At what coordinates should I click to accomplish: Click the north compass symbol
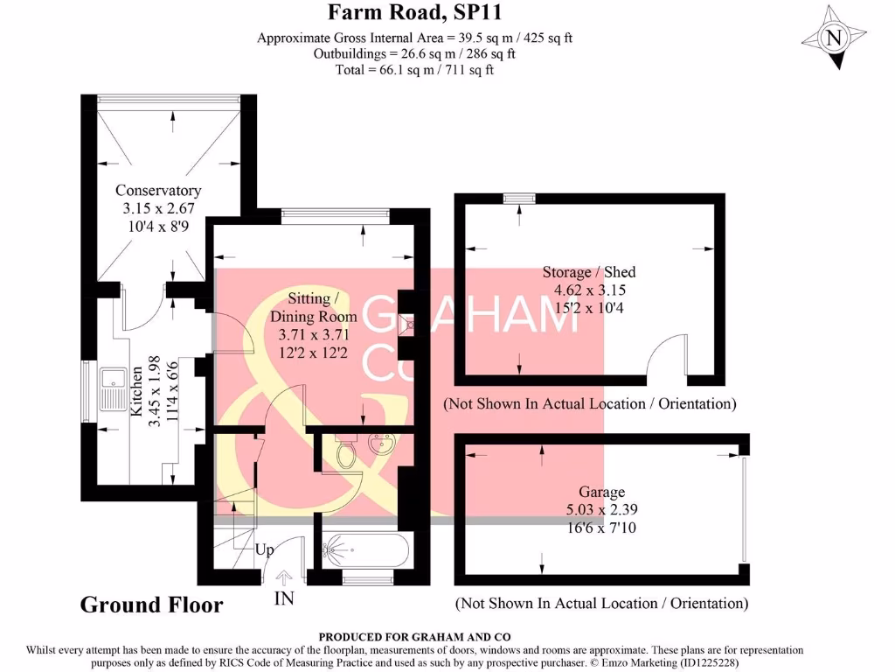point(835,38)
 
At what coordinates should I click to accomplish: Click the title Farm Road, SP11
point(414,12)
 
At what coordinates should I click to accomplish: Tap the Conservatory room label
point(158,191)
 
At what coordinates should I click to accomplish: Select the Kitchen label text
point(136,415)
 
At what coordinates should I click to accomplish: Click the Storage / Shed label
point(589,272)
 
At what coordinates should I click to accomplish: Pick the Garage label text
point(602,493)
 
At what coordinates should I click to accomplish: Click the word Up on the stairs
point(264,550)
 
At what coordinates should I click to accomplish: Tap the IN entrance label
point(284,598)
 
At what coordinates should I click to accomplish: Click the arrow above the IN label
point(284,577)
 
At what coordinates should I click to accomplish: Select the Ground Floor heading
point(151,605)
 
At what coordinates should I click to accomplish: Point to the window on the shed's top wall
point(519,199)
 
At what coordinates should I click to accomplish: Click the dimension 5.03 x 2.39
point(602,509)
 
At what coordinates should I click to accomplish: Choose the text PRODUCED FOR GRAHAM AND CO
point(414,637)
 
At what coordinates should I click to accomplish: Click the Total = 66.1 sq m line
point(414,69)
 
